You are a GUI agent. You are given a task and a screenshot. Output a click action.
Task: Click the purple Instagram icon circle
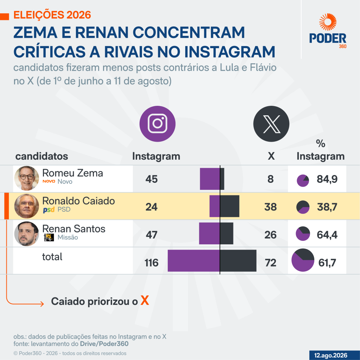[x=157, y=124]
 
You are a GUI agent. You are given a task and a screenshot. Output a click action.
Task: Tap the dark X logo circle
[x=271, y=124]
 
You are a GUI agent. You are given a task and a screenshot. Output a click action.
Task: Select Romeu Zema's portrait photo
[x=27, y=178]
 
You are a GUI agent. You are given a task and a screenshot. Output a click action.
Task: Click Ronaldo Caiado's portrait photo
[x=27, y=206]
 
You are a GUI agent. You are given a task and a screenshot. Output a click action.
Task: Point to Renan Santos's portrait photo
[x=27, y=234]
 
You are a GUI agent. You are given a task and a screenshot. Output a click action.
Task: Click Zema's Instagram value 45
[x=152, y=179]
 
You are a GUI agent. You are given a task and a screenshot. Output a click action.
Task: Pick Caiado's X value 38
[x=270, y=207]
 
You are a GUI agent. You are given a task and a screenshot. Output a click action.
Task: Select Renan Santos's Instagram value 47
[x=152, y=234]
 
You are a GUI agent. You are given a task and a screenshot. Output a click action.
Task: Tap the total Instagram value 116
[x=152, y=263]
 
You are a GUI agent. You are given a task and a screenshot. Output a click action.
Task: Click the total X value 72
[x=270, y=263]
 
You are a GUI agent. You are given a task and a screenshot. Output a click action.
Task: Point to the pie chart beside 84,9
[x=303, y=181]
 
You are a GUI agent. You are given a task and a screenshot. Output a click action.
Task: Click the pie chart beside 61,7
[x=303, y=260]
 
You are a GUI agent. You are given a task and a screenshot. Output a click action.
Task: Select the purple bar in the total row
[x=194, y=261]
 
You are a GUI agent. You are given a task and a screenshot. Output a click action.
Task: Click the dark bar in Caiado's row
[x=230, y=206]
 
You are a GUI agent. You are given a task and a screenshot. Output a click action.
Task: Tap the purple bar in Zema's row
[x=210, y=179]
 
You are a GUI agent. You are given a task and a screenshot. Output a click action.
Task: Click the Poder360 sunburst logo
[x=328, y=22]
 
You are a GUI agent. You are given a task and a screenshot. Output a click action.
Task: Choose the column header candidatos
[x=42, y=156]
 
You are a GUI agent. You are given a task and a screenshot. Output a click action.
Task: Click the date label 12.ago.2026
[x=330, y=355]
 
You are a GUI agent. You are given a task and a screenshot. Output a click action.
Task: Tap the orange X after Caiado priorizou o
[x=144, y=300]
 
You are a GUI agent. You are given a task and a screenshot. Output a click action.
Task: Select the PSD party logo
[x=49, y=210]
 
